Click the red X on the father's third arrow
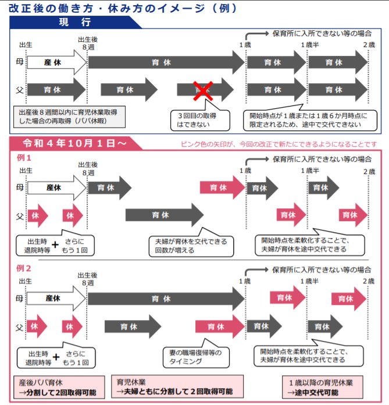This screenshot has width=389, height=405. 203,90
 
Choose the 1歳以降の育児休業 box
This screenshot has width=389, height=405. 321,387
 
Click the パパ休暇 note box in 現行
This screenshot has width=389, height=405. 69,116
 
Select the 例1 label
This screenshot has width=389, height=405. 24,158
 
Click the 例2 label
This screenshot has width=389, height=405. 24,269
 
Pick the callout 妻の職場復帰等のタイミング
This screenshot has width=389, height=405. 201,357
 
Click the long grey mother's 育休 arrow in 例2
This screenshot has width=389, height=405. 166,299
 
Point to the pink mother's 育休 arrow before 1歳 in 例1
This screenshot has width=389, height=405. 222,187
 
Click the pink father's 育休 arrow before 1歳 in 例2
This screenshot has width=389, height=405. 218,326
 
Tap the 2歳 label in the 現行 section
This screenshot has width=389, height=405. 369,44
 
